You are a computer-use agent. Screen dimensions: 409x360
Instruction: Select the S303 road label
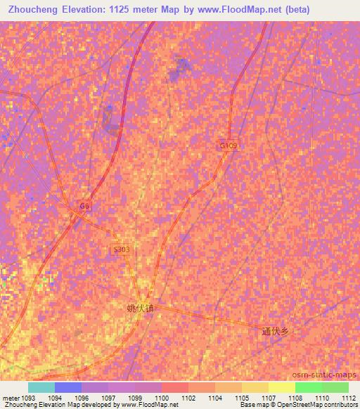121,249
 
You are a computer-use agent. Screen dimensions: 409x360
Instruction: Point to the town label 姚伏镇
139,308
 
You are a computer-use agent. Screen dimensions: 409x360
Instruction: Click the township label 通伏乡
276,332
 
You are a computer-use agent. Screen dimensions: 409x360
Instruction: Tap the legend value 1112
349,398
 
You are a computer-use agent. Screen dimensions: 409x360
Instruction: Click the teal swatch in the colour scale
41,387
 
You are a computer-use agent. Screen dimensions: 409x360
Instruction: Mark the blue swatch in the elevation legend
68,387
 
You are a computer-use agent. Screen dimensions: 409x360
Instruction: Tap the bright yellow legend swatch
281,387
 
